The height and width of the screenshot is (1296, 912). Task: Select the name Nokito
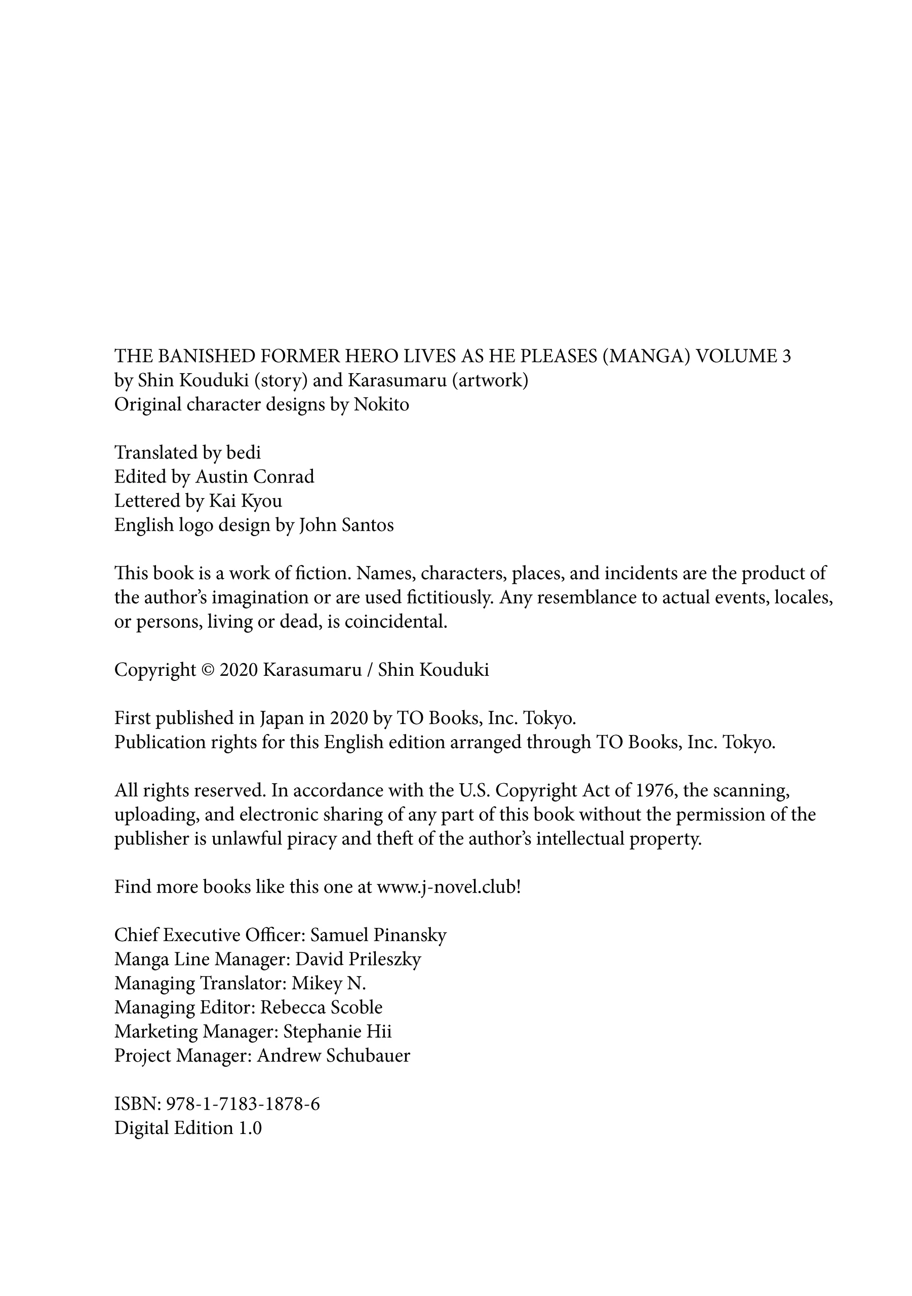click(381, 404)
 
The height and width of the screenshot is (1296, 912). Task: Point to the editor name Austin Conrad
click(255, 477)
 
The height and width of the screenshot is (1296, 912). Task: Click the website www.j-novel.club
click(446, 887)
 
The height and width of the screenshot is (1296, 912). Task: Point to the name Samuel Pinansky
click(378, 936)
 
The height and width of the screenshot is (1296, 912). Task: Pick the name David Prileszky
click(358, 959)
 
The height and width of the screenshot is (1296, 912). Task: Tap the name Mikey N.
click(329, 983)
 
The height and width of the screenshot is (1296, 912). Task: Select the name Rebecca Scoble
click(322, 1007)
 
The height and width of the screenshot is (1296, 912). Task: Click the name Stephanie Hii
click(337, 1031)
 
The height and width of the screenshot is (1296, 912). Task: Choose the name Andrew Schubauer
click(333, 1056)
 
